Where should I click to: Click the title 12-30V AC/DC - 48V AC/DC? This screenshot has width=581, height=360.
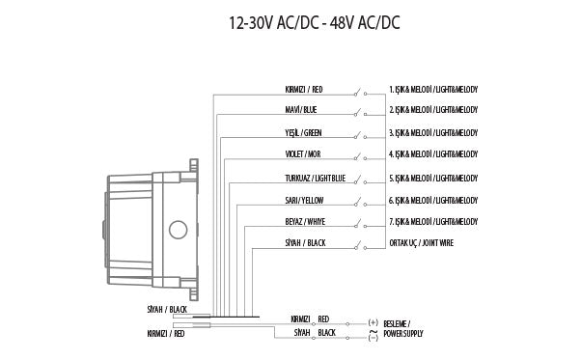pyautogui.click(x=315, y=23)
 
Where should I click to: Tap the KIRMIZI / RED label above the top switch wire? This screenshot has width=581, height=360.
pyautogui.click(x=304, y=90)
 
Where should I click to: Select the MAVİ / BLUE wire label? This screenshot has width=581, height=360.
pyautogui.click(x=301, y=110)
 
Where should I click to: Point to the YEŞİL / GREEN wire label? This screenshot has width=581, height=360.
pyautogui.click(x=303, y=132)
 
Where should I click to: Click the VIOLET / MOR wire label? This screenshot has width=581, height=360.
pyautogui.click(x=303, y=154)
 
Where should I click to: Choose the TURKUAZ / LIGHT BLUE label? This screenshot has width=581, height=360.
pyautogui.click(x=315, y=179)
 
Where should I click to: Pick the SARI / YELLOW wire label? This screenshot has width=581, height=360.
pyautogui.click(x=304, y=201)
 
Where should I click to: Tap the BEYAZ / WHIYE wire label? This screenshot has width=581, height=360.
pyautogui.click(x=305, y=221)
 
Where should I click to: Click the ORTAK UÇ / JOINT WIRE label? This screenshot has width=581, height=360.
pyautogui.click(x=422, y=243)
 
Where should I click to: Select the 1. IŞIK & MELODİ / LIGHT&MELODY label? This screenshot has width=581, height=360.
pyautogui.click(x=433, y=90)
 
